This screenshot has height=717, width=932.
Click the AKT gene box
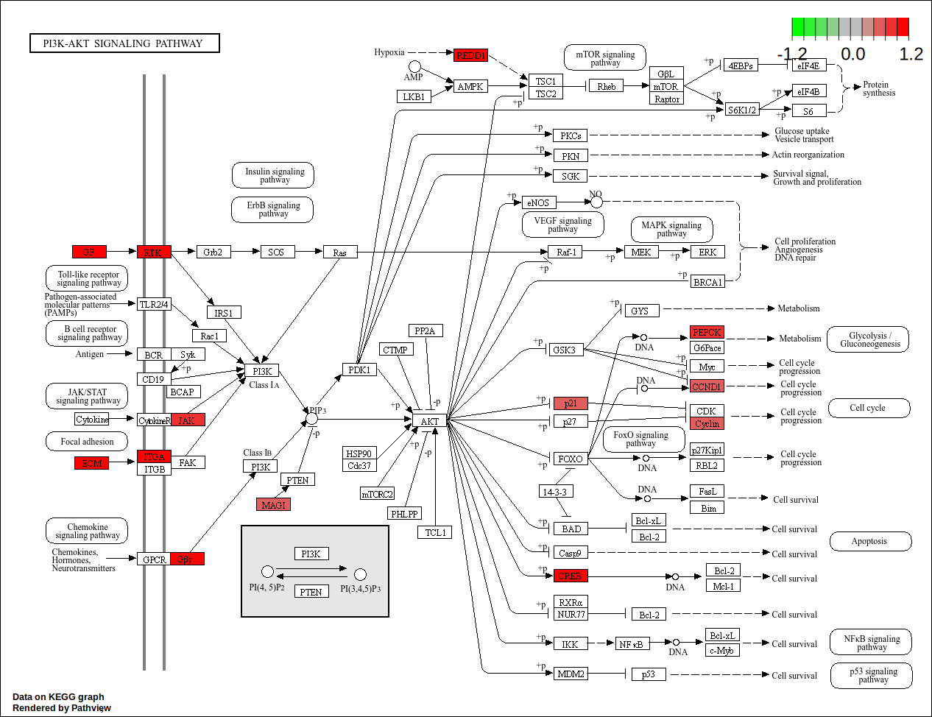pyautogui.click(x=429, y=421)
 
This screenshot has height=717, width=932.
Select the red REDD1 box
pyautogui.click(x=471, y=55)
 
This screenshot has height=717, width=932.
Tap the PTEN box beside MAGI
pyautogui.click(x=297, y=480)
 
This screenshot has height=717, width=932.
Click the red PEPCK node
pyautogui.click(x=707, y=333)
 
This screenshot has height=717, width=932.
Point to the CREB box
pyautogui.click(x=571, y=576)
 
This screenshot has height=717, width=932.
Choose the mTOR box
pyautogui.click(x=666, y=86)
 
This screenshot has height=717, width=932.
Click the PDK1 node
pyautogui.click(x=359, y=370)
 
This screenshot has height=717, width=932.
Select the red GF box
pyautogui.click(x=89, y=252)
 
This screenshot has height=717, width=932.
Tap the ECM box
pyautogui.click(x=91, y=463)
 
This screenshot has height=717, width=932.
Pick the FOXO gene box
pyautogui.click(x=571, y=459)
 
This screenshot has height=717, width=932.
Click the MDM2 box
pyautogui.click(x=571, y=674)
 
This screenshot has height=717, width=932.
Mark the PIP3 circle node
pyautogui.click(x=311, y=419)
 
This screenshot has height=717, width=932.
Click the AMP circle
pyautogui.click(x=414, y=67)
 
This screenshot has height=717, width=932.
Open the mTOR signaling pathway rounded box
pyautogui.click(x=605, y=57)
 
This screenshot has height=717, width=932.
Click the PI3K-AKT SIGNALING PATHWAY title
pyautogui.click(x=124, y=43)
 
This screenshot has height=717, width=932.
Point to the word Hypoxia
pyautogui.click(x=389, y=52)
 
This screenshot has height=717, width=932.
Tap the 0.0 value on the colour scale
pyautogui.click(x=852, y=54)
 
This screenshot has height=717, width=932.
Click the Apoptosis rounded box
pyautogui.click(x=870, y=541)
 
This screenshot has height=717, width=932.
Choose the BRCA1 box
pyautogui.click(x=707, y=282)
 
